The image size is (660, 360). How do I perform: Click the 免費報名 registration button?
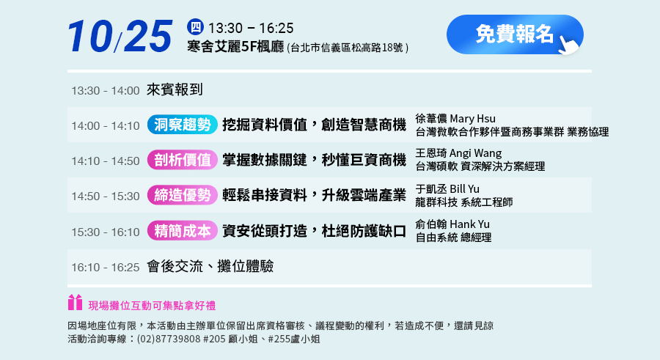pyautogui.click(x=515, y=34)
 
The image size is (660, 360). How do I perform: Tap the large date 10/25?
pyautogui.click(x=120, y=36)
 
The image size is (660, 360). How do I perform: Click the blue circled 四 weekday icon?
pyautogui.click(x=195, y=27)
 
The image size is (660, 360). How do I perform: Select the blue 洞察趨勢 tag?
pyautogui.click(x=183, y=125)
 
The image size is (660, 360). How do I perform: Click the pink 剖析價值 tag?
pyautogui.click(x=183, y=160)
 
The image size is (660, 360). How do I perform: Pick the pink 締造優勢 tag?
pyautogui.click(x=183, y=195)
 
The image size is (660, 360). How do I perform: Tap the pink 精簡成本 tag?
pyautogui.click(x=183, y=231)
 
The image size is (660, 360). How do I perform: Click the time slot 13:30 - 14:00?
pyautogui.click(x=105, y=90)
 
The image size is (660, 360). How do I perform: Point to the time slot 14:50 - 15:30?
pyautogui.click(x=105, y=196)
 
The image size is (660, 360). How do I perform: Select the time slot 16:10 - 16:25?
pyautogui.click(x=105, y=268)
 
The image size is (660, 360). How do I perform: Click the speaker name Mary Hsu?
pyautogui.click(x=473, y=119)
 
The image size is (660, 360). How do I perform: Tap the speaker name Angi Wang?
pyautogui.click(x=476, y=153)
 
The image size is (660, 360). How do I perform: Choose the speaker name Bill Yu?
pyautogui.click(x=465, y=189)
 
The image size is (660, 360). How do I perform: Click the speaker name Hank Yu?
pyautogui.click(x=470, y=224)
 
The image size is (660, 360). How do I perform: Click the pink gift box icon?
pyautogui.click(x=76, y=302)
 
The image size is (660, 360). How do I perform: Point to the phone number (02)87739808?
pyautogui.click(x=169, y=339)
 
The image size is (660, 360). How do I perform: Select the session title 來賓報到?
pyautogui.click(x=175, y=89)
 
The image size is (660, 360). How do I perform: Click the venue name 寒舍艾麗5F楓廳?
pyautogui.click(x=235, y=47)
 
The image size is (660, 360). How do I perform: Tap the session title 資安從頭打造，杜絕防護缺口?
pyautogui.click(x=315, y=231)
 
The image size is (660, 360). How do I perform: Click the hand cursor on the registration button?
pyautogui.click(x=568, y=45)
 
